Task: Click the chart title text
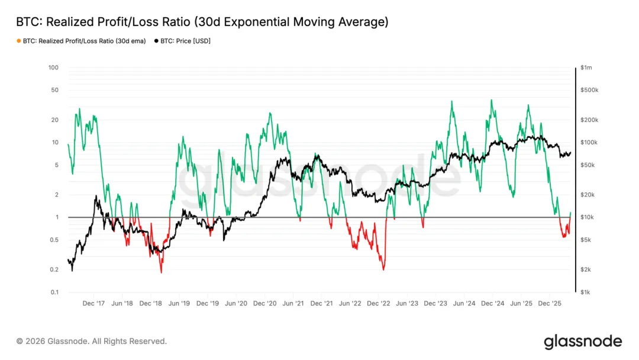pos(202,22)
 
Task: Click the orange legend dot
pos(18,41)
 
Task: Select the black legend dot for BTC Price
pos(156,41)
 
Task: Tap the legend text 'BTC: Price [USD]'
pos(185,41)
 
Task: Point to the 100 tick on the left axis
pos(53,67)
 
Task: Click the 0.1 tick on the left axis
pos(54,292)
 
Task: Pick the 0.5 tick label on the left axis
pos(54,240)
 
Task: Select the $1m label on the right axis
pos(586,67)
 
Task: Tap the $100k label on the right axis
pos(589,143)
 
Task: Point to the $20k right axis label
pos(587,195)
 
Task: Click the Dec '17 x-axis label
pos(93,303)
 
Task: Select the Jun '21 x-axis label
pos(293,303)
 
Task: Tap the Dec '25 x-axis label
pos(550,303)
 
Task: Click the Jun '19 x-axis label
pos(179,303)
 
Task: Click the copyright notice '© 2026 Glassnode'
pos(91,341)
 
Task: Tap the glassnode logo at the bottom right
pos(583,342)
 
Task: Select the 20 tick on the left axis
pos(54,120)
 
